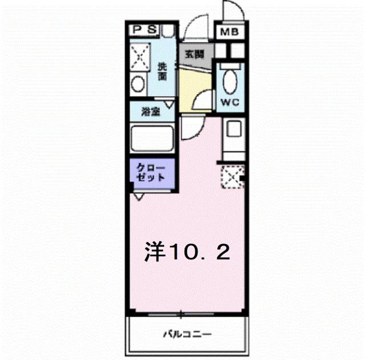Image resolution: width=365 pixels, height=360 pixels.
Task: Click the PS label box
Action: (x=144, y=30)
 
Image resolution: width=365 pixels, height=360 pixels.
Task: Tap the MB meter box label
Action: (x=229, y=32)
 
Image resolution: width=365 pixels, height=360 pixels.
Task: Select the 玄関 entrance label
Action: (x=194, y=54)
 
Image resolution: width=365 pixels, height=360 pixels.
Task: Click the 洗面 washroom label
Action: (x=163, y=71)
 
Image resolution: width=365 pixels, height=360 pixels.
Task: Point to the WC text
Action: (x=230, y=102)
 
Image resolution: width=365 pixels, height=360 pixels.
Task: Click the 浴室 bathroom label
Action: (x=151, y=112)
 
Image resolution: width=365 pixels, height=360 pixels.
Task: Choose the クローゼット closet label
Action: (x=151, y=172)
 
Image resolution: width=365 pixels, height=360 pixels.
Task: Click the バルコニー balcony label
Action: (x=188, y=335)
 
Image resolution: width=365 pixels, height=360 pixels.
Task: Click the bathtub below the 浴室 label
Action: (x=152, y=139)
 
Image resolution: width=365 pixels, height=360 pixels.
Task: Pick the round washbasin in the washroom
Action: (x=138, y=84)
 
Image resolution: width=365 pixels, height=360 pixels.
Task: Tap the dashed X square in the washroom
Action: (x=140, y=56)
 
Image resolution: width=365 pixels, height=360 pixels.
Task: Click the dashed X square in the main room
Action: (x=233, y=177)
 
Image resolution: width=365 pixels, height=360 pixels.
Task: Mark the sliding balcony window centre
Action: (x=181, y=314)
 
